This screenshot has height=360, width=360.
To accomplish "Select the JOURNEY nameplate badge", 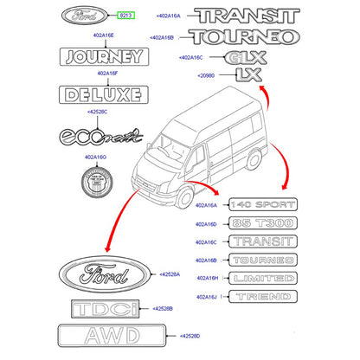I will click(99, 58).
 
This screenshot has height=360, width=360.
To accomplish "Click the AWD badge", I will click(103, 335).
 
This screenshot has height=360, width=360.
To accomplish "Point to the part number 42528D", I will click(188, 335).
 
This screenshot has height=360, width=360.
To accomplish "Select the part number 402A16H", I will click(209, 279).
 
